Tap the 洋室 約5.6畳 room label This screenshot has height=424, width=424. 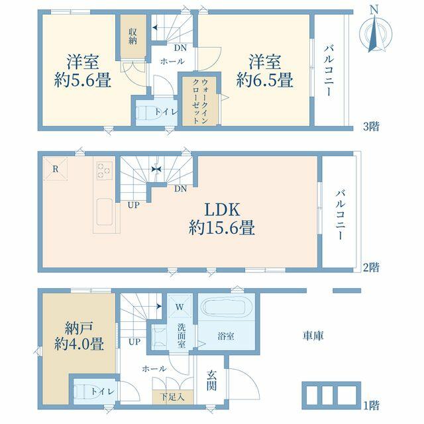[83, 71]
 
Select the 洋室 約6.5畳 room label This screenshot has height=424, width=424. [265, 71]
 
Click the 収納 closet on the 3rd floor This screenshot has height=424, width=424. [133, 36]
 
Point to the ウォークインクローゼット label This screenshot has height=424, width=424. [200, 101]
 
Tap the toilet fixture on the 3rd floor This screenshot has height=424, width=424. [146, 112]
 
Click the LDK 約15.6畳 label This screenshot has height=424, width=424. [222, 219]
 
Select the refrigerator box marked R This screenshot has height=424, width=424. [56, 169]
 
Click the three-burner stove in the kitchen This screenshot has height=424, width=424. [105, 170]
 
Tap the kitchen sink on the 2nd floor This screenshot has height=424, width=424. [105, 212]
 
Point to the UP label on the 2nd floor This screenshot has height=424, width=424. [134, 205]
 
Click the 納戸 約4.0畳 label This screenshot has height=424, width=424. [79, 336]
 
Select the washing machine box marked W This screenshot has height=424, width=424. [180, 307]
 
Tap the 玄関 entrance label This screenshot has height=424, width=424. [212, 381]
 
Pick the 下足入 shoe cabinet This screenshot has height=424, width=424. [172, 397]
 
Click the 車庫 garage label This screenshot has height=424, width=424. [313, 336]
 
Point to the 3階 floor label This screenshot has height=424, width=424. [371, 127]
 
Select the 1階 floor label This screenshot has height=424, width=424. [371, 405]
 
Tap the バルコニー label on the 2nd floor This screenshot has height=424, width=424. [341, 215]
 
